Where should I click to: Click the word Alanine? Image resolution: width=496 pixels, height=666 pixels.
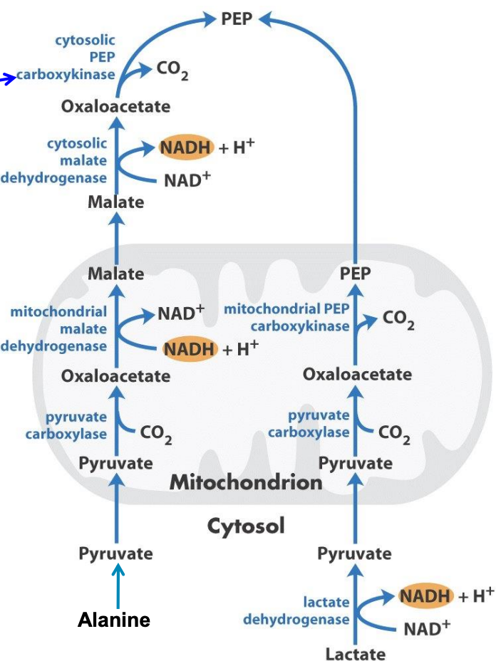pos(114,620)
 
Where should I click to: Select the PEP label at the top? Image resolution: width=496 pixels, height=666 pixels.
pos(237,19)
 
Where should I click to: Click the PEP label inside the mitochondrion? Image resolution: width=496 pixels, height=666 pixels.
pos(355,274)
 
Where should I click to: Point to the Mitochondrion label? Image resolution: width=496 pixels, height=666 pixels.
pos(246,482)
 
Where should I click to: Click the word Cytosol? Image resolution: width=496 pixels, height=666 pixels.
pos(246,526)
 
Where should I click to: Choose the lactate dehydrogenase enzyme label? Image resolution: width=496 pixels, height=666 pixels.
pos(296,611)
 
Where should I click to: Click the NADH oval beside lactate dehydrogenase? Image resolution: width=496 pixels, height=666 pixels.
pos(425,596)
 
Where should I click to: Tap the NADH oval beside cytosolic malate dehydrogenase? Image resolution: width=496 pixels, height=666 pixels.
pos(185,147)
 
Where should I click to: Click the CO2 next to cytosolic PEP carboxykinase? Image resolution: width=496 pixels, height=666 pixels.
pos(172,70)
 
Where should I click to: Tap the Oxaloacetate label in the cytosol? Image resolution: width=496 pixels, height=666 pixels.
pos(115,107)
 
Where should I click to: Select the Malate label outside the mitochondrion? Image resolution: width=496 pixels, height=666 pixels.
pos(115,202)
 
